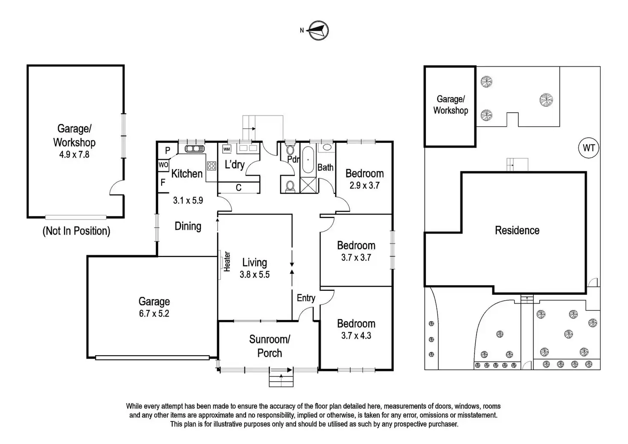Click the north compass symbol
coord(318,31)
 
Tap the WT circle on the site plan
coord(588,148)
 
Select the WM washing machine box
coord(227,149)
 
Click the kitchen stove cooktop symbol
coord(211,166)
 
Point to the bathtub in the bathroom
coord(308,160)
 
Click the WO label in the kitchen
coord(163,165)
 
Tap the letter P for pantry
coord(167,151)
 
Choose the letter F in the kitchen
coord(163,183)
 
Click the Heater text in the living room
coord(227,262)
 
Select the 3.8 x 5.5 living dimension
coord(255,274)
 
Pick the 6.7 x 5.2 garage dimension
coord(154,313)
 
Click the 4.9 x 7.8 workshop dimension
coord(74,154)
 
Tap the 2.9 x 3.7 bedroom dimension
coord(364,186)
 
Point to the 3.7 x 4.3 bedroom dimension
coord(356,336)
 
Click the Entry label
coord(306,298)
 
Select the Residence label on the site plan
coord(517,230)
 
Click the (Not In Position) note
coord(76,231)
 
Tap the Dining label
coord(188,226)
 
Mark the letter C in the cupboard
coord(238,188)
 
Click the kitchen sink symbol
coord(195,148)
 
